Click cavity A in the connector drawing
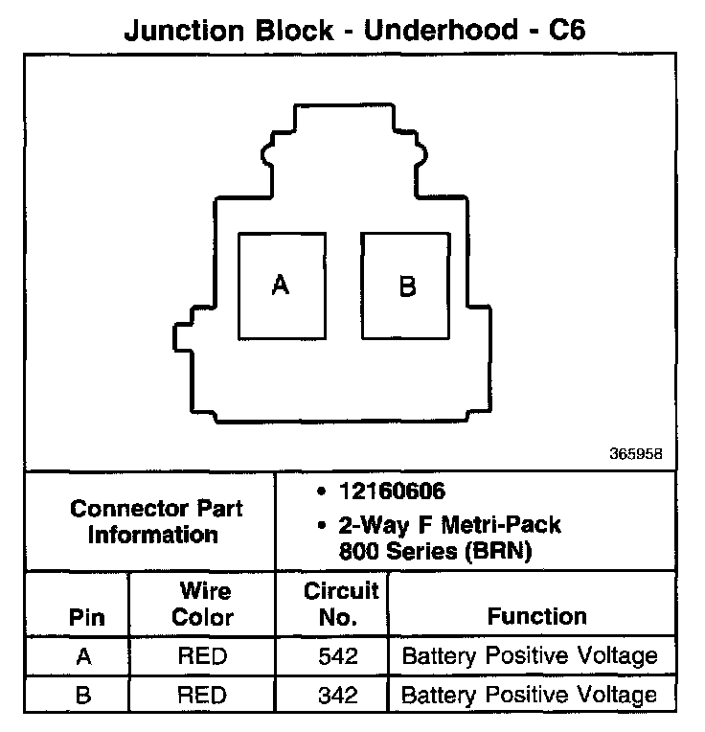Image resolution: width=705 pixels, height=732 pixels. click(x=281, y=285)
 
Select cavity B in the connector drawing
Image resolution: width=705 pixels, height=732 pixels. click(x=406, y=286)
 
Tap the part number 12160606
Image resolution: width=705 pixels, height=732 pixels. click(x=391, y=492)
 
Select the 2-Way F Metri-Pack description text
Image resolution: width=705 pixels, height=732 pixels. click(x=448, y=525)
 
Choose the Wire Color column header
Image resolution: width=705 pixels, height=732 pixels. click(x=202, y=605)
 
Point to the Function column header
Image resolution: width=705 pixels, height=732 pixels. click(x=536, y=617)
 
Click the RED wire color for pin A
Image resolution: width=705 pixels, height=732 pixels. click(x=202, y=657)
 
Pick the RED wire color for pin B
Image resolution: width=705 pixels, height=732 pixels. click(x=202, y=695)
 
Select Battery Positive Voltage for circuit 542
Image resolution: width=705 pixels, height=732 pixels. click(x=530, y=657)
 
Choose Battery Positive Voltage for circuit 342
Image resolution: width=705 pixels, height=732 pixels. click(x=530, y=695)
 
